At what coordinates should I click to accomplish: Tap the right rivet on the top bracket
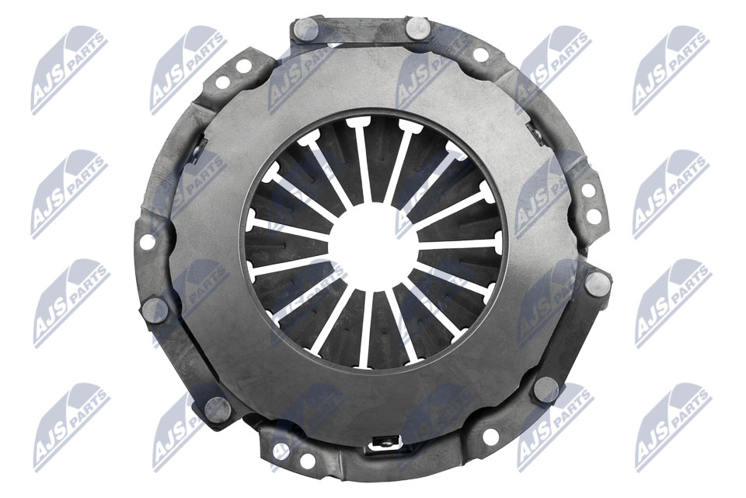(417, 29)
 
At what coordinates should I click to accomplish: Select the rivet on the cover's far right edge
(598, 283)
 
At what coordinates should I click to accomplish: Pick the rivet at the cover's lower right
(546, 389)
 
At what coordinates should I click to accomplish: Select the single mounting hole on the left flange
(147, 241)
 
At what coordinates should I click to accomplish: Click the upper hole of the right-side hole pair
(588, 190)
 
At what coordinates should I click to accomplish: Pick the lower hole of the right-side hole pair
(593, 216)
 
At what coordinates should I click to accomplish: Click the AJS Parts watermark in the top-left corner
(68, 69)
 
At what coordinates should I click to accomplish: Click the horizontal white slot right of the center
(458, 244)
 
